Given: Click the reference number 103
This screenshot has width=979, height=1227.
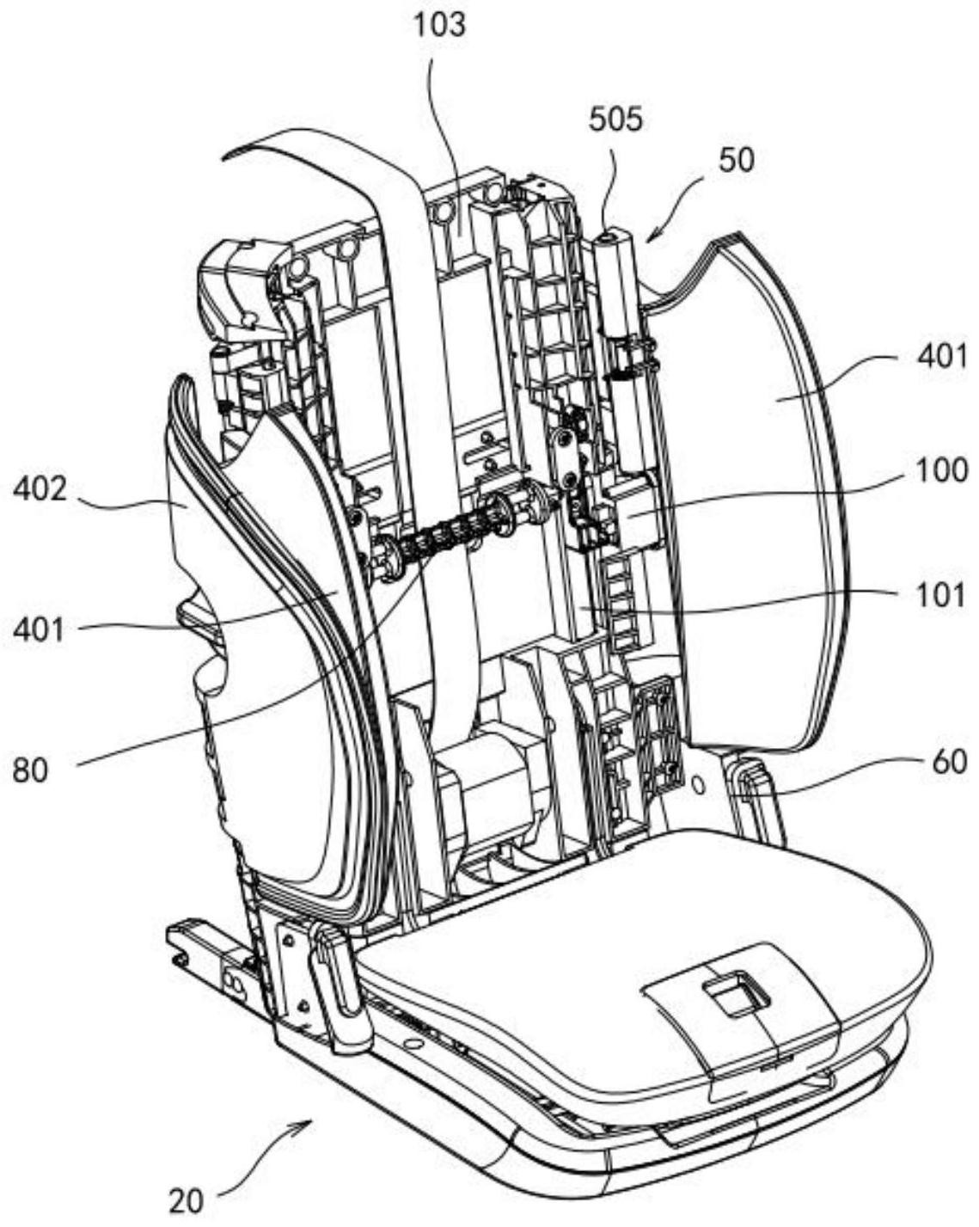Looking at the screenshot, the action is coord(439,27).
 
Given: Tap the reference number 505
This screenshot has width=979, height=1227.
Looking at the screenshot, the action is coord(615,120).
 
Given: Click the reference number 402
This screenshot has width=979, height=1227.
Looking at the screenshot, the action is coord(41,489).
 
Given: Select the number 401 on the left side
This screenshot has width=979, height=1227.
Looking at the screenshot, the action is coord(39,630).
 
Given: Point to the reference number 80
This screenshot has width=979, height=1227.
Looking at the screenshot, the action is coord(31,771).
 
